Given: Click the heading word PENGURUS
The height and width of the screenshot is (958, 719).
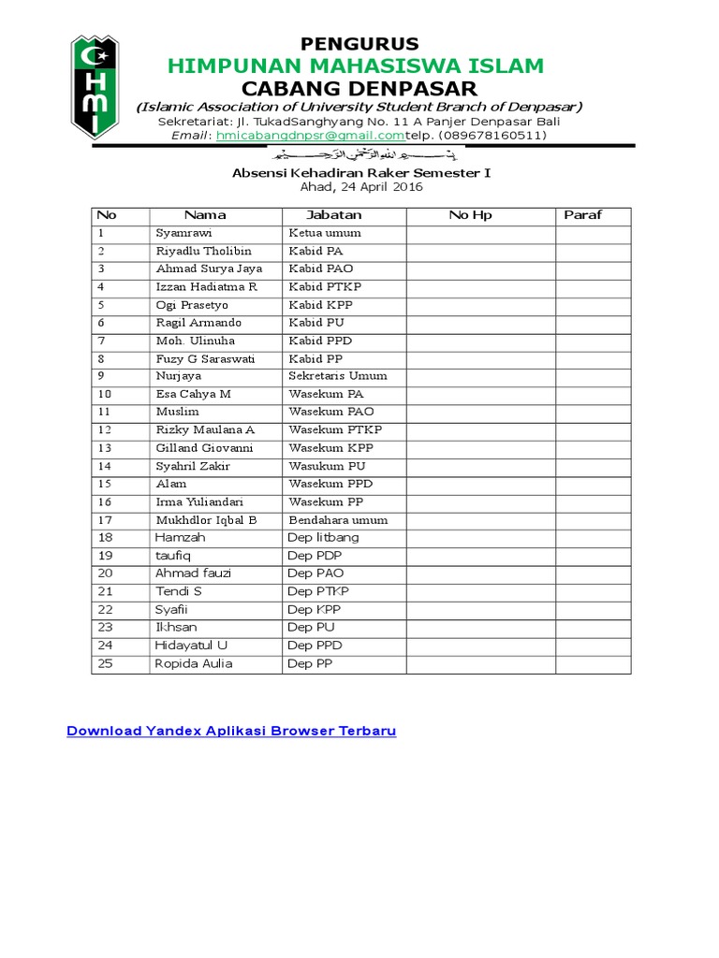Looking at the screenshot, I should click(x=359, y=43).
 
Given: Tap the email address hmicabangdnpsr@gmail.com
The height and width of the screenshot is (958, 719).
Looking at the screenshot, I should click(x=310, y=135).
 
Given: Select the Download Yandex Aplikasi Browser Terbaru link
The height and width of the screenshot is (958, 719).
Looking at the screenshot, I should click(x=231, y=731).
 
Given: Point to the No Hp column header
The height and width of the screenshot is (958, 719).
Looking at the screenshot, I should click(x=470, y=215).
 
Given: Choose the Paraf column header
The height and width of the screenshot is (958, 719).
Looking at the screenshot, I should click(x=583, y=215).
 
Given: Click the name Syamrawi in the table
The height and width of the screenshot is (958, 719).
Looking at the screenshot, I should click(x=179, y=233).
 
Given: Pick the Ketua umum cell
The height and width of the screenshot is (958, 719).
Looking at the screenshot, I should click(x=325, y=233).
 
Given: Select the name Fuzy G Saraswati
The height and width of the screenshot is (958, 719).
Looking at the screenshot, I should click(x=205, y=358).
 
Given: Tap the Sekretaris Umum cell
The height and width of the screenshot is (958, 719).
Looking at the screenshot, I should click(x=338, y=376).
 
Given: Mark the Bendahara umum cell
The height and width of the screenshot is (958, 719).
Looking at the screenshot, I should click(x=338, y=520).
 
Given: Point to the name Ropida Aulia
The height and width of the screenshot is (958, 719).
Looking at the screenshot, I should click(x=194, y=664).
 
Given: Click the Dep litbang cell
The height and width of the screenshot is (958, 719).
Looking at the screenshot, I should click(x=323, y=538).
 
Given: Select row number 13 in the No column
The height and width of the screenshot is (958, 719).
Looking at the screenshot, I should click(x=104, y=448).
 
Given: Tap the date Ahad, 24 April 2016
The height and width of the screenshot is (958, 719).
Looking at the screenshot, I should click(x=361, y=187).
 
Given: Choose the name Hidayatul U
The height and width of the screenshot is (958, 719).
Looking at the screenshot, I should click(x=191, y=646).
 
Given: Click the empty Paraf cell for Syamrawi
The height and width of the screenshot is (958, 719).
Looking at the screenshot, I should click(x=594, y=233).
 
